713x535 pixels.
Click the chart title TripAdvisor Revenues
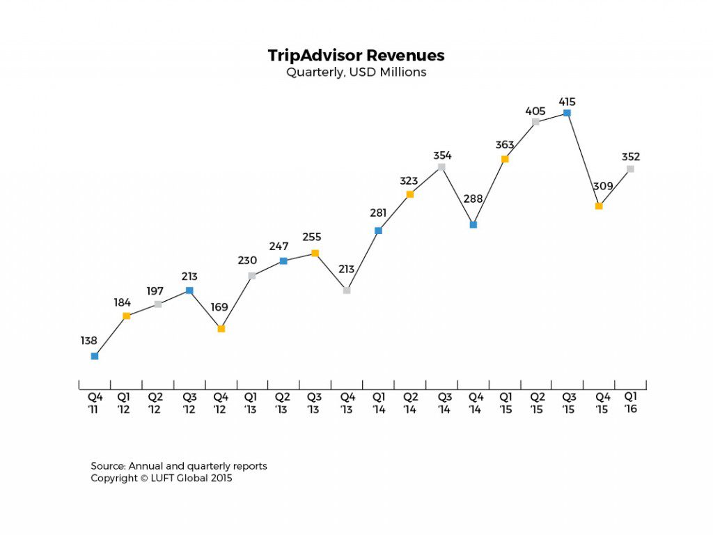click(x=356, y=56)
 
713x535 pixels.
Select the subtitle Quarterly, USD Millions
click(x=356, y=72)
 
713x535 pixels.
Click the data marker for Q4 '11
click(x=95, y=356)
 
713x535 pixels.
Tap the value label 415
click(x=567, y=102)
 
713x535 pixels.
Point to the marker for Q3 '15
click(x=567, y=113)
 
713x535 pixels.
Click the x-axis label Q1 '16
click(x=631, y=403)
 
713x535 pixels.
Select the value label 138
click(x=88, y=341)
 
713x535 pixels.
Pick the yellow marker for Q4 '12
click(x=221, y=329)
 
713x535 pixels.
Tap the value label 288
click(x=473, y=199)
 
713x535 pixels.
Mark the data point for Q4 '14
click(x=473, y=225)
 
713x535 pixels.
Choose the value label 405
click(x=535, y=111)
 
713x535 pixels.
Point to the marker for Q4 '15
click(x=599, y=206)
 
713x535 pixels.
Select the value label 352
click(x=631, y=157)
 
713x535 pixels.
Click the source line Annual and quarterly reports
click(x=179, y=466)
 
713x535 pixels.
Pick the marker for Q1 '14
click(x=378, y=231)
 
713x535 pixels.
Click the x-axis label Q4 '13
click(x=347, y=403)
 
